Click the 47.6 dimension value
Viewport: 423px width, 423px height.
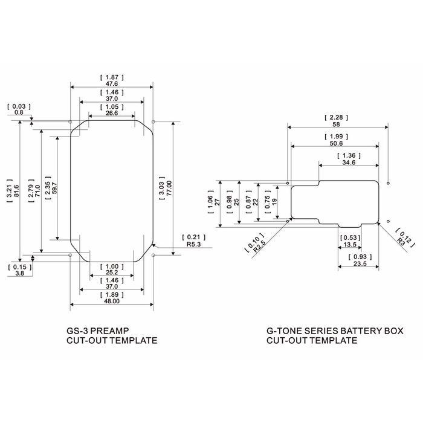(x=112, y=84)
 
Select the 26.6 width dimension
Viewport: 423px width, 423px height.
(x=112, y=113)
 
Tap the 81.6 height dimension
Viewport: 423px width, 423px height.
(x=16, y=191)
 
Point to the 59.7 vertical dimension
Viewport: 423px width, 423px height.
(x=54, y=188)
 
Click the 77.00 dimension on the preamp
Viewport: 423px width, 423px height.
(x=169, y=188)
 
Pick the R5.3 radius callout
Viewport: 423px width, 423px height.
(x=194, y=244)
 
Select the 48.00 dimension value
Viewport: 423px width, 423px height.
(x=112, y=301)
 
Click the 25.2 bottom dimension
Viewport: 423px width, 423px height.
(x=112, y=272)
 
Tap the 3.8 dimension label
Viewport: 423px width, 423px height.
(x=20, y=273)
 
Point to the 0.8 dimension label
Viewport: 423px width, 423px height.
(x=19, y=112)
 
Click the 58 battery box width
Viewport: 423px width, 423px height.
(x=336, y=124)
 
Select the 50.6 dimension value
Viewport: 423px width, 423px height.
(x=336, y=144)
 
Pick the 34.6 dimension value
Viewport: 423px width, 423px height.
(x=349, y=163)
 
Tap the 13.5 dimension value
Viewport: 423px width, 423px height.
(x=350, y=245)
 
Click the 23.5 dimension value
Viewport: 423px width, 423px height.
(x=360, y=263)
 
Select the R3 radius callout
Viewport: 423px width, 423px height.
(x=401, y=241)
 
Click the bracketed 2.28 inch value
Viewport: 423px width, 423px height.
(x=336, y=118)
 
